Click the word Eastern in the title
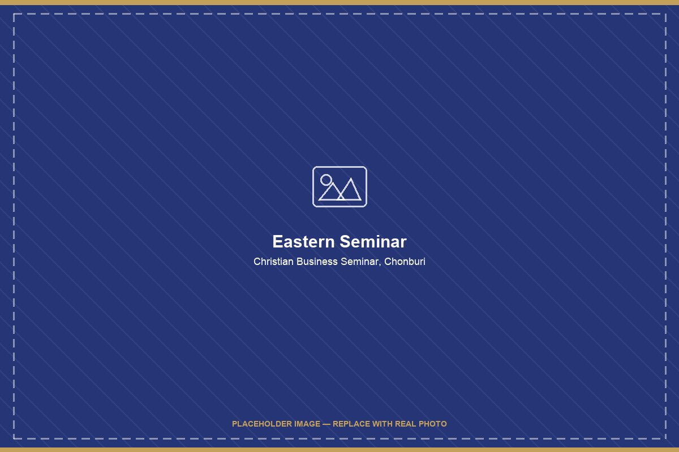[303, 242]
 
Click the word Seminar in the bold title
[373, 242]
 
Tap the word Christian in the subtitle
[273, 261]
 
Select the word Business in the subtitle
[317, 261]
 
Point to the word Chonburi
[405, 261]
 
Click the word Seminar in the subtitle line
[359, 261]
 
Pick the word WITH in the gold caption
[382, 424]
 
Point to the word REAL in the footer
[405, 424]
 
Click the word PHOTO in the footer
[432, 424]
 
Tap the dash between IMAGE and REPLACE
[326, 424]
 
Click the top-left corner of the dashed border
[14, 14]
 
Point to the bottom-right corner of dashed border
[665, 438]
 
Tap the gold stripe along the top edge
[339, 2]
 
